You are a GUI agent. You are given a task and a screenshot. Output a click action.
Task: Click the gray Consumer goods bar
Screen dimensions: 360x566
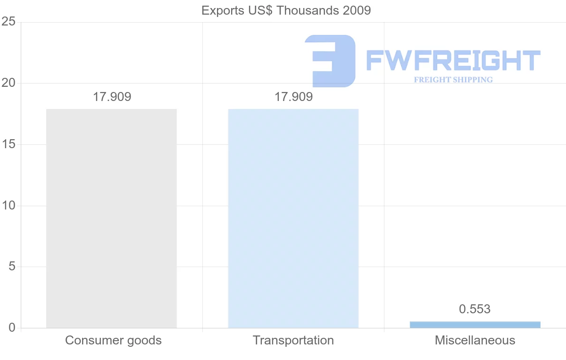(111, 218)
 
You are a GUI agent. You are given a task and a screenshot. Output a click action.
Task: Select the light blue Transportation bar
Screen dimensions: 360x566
(293, 218)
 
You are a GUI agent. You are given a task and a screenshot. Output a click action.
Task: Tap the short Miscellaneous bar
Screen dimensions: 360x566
(475, 325)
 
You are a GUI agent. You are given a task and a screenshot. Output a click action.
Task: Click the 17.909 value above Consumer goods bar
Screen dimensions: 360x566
(112, 97)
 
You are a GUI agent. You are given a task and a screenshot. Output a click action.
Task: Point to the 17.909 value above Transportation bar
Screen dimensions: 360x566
(293, 97)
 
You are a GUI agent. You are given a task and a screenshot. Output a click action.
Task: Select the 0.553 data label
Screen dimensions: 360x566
(474, 310)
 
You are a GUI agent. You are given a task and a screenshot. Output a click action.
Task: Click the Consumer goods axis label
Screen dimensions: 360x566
(113, 340)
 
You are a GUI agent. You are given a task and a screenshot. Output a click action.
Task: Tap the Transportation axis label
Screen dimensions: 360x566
(293, 340)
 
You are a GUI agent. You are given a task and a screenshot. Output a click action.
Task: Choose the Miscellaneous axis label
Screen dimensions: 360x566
(475, 340)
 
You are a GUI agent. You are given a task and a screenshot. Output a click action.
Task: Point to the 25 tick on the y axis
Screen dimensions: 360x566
(8, 22)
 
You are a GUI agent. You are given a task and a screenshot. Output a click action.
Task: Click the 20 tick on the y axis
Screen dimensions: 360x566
(8, 84)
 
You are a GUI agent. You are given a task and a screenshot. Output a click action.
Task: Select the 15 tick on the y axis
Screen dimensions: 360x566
(8, 144)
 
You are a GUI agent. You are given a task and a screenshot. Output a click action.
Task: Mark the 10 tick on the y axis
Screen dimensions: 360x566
(8, 206)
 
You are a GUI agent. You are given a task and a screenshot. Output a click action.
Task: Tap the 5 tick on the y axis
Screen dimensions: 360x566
(12, 267)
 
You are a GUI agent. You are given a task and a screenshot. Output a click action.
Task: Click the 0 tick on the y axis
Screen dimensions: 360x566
(12, 328)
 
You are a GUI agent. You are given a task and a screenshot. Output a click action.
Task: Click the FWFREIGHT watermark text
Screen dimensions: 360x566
(453, 60)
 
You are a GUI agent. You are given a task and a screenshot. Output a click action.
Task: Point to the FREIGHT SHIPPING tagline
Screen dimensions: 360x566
(453, 80)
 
